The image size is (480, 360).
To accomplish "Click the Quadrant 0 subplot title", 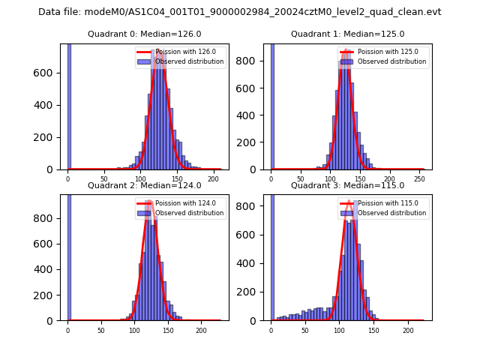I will coord(144,34).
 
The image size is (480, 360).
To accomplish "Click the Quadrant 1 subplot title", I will coord(347,34).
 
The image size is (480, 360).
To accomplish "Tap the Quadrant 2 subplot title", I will coord(144,185).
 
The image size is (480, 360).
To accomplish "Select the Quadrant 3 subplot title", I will coord(347,185).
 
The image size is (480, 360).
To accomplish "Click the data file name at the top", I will coord(240,12).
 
